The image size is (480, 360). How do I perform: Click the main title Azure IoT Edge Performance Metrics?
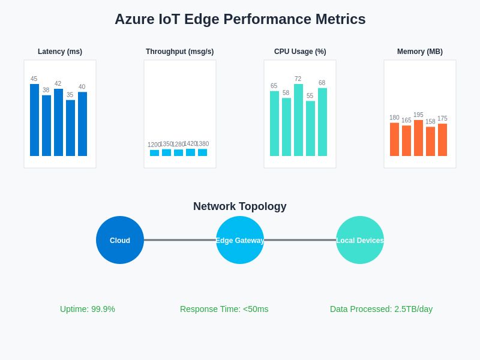[240, 19]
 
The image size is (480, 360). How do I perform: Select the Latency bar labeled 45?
[34, 120]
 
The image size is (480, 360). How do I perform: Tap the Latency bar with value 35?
[70, 128]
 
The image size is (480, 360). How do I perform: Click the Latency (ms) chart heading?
[60, 52]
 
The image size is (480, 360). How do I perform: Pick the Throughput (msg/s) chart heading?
[179, 52]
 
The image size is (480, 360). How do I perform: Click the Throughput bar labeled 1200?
[154, 153]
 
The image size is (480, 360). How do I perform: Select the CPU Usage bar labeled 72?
[298, 120]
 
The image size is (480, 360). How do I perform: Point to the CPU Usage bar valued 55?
[310, 128]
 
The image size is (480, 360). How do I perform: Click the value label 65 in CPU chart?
[274, 86]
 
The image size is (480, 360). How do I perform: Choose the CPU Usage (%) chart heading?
[300, 52]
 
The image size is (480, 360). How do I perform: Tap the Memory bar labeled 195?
[418, 138]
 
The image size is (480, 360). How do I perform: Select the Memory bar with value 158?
[430, 142]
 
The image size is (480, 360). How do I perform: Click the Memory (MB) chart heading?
[420, 52]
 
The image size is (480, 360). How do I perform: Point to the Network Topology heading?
[240, 206]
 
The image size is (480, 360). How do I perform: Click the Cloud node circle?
[120, 240]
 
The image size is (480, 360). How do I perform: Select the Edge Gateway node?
[240, 240]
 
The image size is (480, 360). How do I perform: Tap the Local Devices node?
[360, 240]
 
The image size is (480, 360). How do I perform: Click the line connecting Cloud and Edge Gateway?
[180, 240]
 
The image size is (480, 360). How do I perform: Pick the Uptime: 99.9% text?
[88, 309]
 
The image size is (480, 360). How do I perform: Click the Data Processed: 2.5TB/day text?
[381, 309]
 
